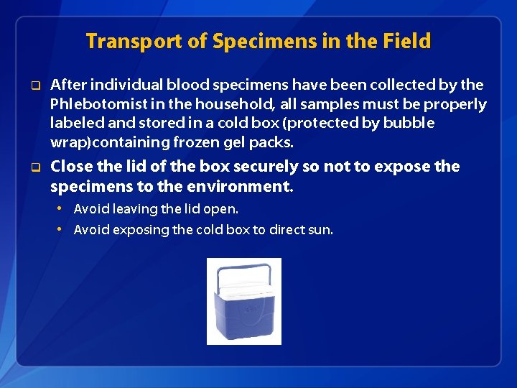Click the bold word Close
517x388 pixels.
[72, 167]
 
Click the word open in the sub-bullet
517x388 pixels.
[223, 209]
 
